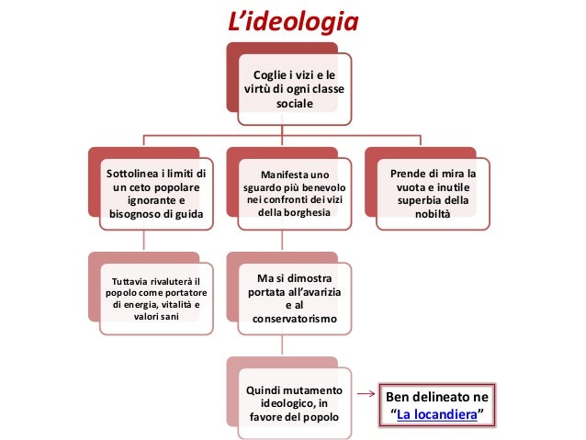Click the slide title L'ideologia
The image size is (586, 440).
(x=293, y=20)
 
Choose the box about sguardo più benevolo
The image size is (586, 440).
(x=293, y=194)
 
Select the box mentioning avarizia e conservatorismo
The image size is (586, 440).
(x=293, y=299)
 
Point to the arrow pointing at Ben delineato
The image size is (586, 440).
(x=365, y=397)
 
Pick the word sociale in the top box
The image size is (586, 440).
(x=294, y=105)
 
